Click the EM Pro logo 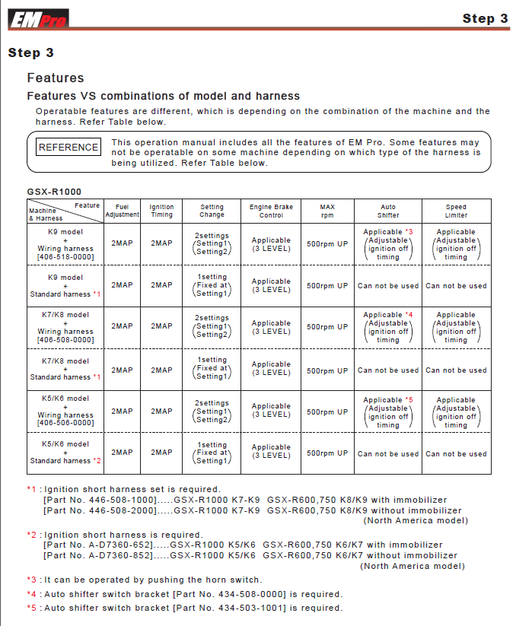(x=38, y=18)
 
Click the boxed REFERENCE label (x=68, y=148)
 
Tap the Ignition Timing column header (x=161, y=211)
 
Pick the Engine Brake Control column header (x=271, y=211)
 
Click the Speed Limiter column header (x=456, y=211)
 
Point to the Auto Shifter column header (x=388, y=211)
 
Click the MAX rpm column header (x=327, y=211)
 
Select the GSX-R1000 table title (x=54, y=192)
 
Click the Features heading (x=56, y=78)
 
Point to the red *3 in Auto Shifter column (x=409, y=232)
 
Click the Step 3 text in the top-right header (x=485, y=18)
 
